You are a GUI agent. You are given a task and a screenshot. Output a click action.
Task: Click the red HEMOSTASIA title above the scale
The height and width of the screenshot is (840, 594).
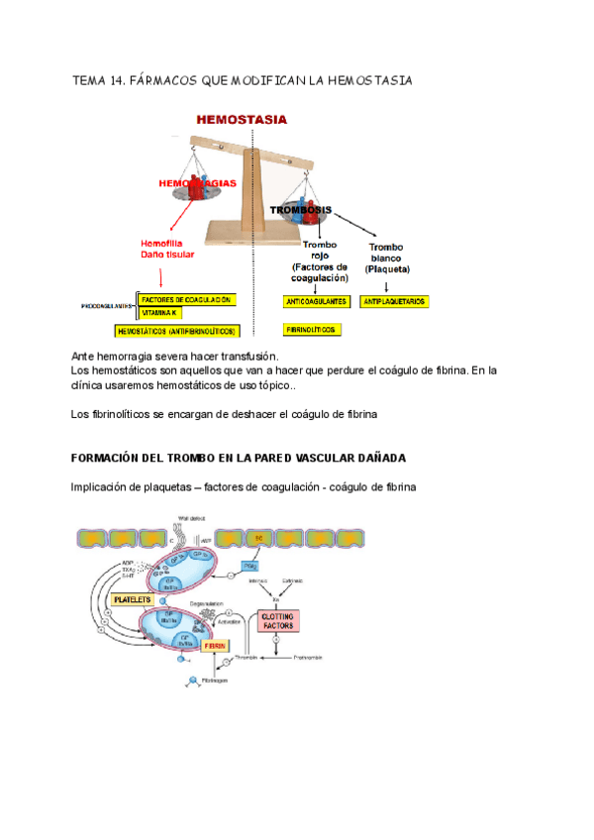coord(243,119)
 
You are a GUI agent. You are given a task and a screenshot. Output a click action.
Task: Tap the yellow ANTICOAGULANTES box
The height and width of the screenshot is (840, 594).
coord(315,300)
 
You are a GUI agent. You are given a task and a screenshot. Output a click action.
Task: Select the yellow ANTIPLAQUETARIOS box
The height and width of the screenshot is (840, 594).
coord(394,300)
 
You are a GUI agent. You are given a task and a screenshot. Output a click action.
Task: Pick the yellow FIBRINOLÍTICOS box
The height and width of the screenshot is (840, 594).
coord(311,329)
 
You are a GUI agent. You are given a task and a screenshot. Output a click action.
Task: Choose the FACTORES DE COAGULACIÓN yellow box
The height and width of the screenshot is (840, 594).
coord(186,299)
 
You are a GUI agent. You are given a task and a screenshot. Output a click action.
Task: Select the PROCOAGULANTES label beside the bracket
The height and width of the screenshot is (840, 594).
coord(107,307)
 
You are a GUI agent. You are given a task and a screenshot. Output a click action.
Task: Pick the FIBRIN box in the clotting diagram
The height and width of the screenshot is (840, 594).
coord(215,645)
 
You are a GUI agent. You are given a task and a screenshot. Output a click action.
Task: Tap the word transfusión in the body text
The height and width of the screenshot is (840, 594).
coord(253,357)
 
